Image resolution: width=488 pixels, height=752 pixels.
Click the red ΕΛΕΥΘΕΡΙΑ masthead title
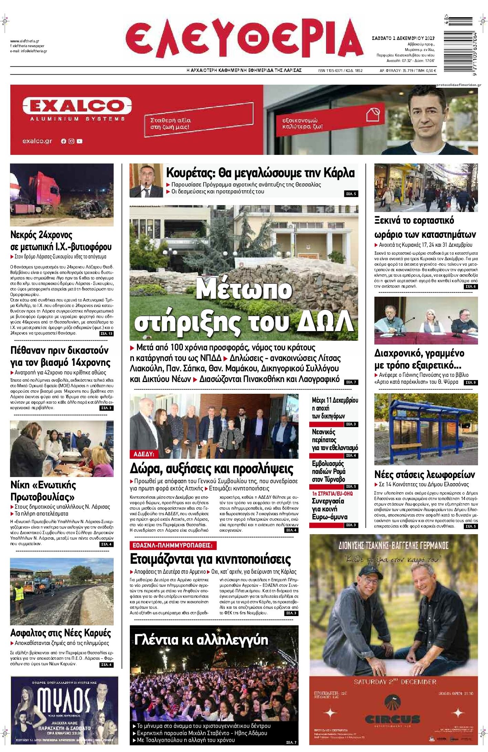(243, 38)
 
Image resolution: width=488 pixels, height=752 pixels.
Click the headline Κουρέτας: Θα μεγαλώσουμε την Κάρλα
(260, 172)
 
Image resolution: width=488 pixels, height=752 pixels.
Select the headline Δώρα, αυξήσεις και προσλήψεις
(212, 469)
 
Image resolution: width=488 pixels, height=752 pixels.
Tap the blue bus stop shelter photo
(426, 428)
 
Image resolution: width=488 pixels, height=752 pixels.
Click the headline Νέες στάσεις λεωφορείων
(424, 475)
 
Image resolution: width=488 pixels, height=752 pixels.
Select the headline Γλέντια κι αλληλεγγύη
(201, 640)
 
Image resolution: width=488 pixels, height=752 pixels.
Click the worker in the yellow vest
(20, 593)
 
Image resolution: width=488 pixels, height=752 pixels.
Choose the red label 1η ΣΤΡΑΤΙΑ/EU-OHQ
(332, 494)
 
